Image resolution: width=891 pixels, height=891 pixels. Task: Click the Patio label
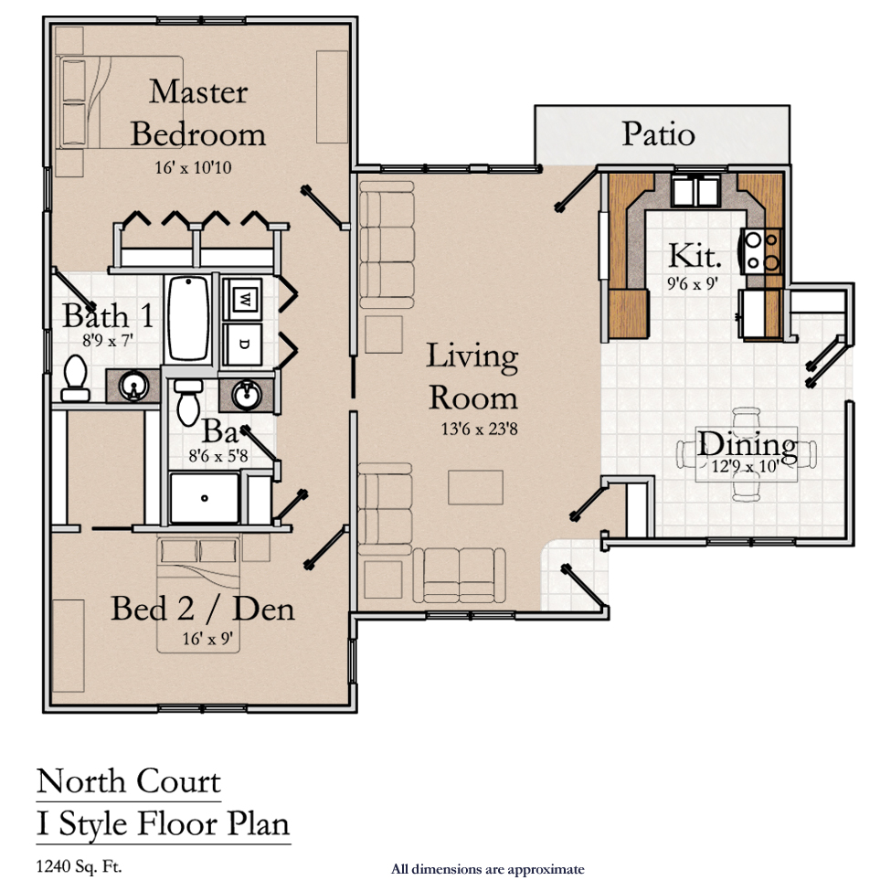[658, 134]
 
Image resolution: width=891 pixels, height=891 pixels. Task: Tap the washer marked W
[243, 298]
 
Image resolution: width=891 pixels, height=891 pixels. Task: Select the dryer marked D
[243, 345]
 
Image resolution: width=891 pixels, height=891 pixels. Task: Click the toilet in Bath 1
[76, 378]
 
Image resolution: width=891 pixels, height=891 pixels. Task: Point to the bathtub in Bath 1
[188, 318]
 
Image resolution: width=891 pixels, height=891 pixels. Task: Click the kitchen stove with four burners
[762, 251]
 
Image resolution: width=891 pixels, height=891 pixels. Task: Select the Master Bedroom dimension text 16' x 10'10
[193, 167]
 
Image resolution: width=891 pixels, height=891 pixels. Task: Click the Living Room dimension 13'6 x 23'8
[479, 429]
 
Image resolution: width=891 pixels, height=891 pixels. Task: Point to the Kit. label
[695, 256]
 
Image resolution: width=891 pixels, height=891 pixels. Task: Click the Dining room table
[747, 454]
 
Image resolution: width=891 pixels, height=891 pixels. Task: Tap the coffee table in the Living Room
[475, 488]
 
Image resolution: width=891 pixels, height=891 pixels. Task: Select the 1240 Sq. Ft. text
[79, 866]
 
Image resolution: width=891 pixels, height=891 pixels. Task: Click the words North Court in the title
[129, 782]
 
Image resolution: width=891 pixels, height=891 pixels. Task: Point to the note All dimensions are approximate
[488, 869]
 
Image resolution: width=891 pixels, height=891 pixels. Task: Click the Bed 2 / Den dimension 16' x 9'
[207, 639]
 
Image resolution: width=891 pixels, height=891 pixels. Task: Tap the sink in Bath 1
[133, 387]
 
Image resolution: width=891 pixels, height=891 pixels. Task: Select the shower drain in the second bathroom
[205, 498]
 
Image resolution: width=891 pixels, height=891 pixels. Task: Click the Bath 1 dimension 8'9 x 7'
[108, 340]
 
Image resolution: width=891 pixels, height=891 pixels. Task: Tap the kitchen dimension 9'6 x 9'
[693, 283]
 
